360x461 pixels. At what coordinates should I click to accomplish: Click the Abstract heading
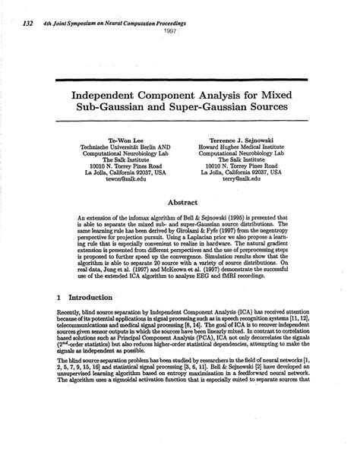click(x=180, y=204)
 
